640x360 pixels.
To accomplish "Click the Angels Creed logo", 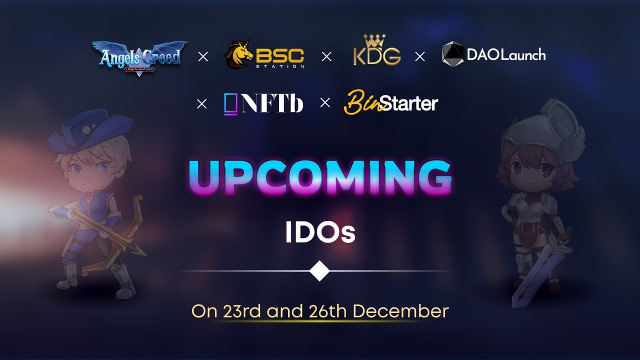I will pos(140,57).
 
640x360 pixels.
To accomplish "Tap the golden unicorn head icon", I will pos(238,55).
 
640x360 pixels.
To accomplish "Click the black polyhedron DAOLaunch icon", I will pos(453,55).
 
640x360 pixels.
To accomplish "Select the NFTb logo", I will pos(263,103).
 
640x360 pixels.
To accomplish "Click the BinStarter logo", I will pos(390,102).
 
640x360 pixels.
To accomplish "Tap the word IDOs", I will pos(320,234).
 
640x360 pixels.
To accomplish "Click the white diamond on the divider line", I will pos(319,271).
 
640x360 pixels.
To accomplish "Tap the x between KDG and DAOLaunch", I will pos(420,57).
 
